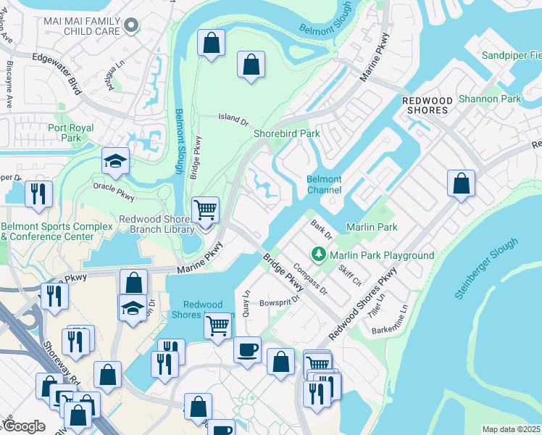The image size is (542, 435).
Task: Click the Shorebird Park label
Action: pyautogui.click(x=286, y=133)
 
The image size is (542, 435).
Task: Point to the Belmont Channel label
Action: pyautogui.click(x=324, y=184)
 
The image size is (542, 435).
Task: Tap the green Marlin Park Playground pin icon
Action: pyautogui.click(x=317, y=254)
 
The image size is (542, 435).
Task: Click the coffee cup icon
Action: pyautogui.click(x=247, y=350)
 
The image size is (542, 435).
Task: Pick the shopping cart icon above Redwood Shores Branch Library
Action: pyautogui.click(x=206, y=210)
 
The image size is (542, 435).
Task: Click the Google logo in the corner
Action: pyautogui.click(x=25, y=426)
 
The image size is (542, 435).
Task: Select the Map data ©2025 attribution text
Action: pyautogui.click(x=511, y=429)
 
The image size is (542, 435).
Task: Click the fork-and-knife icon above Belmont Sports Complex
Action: pyautogui.click(x=36, y=194)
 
